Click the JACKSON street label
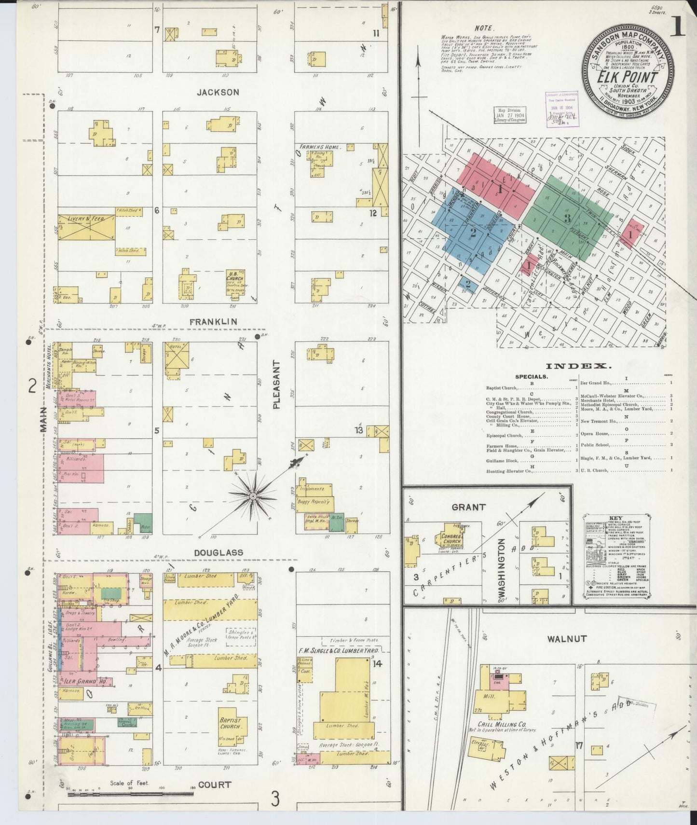click(x=217, y=92)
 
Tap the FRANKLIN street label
click(x=213, y=322)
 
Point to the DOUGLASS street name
click(x=219, y=552)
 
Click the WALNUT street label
click(x=566, y=639)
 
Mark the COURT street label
click(x=214, y=784)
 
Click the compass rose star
click(x=253, y=496)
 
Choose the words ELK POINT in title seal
click(x=627, y=77)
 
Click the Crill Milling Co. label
click(x=502, y=725)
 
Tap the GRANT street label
click(x=468, y=508)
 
